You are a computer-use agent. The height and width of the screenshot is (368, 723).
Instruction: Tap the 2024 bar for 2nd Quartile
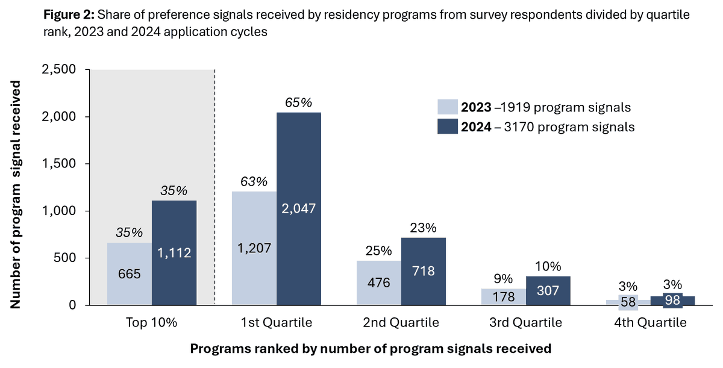[424, 271]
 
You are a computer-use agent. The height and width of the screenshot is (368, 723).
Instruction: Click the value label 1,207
[254, 248]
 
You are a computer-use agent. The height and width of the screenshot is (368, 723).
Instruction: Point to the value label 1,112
[174, 254]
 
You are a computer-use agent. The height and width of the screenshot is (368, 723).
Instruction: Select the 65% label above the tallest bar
[299, 103]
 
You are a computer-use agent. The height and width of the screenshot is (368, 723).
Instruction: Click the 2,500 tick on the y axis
[58, 70]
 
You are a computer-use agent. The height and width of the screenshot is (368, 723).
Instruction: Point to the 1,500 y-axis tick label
[58, 164]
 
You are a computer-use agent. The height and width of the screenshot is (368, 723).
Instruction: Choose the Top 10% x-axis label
[152, 323]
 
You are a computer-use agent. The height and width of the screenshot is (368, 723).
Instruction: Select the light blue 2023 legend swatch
[447, 108]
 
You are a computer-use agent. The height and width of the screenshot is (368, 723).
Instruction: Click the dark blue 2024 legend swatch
[447, 127]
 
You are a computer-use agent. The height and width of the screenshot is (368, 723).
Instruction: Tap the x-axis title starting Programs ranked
[371, 348]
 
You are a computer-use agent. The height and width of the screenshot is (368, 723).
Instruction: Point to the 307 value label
[548, 290]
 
